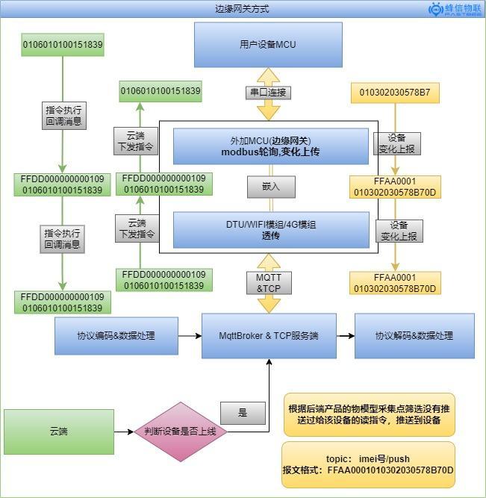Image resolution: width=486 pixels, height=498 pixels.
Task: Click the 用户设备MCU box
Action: coord(268,45)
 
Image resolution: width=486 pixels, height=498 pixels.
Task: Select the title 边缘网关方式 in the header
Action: coord(242,8)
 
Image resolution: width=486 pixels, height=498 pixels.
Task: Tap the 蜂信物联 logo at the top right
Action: coord(455,9)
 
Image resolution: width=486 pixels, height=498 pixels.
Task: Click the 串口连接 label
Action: coord(268,93)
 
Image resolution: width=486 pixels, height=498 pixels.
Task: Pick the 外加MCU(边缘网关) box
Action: coord(271,146)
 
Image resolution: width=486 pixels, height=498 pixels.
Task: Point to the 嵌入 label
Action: coord(271,187)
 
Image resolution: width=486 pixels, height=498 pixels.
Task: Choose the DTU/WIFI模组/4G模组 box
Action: coord(271,230)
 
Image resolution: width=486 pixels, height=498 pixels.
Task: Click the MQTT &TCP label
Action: coord(269,283)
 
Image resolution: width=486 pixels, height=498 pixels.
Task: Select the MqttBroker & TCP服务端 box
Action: coord(269,336)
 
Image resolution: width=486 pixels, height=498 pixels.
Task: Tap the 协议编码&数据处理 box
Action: coord(116,336)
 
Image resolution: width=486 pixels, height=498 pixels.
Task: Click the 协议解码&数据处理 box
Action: coord(414,336)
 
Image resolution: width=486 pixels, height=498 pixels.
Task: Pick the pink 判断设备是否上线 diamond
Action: coord(181,432)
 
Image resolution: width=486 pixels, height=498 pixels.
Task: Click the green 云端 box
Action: coord(59,432)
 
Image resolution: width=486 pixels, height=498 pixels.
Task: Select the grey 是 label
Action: coord(243,413)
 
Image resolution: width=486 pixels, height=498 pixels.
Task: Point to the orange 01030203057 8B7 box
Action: coord(395,93)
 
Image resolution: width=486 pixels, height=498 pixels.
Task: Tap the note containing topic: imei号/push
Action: coord(368,464)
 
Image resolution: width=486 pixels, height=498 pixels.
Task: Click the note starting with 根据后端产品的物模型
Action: coord(369,414)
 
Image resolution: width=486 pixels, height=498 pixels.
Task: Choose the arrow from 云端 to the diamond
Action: coord(124,432)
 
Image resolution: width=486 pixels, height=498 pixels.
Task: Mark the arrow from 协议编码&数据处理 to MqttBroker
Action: coord(190,336)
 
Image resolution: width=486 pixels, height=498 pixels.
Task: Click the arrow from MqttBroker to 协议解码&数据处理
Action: coord(346,336)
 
